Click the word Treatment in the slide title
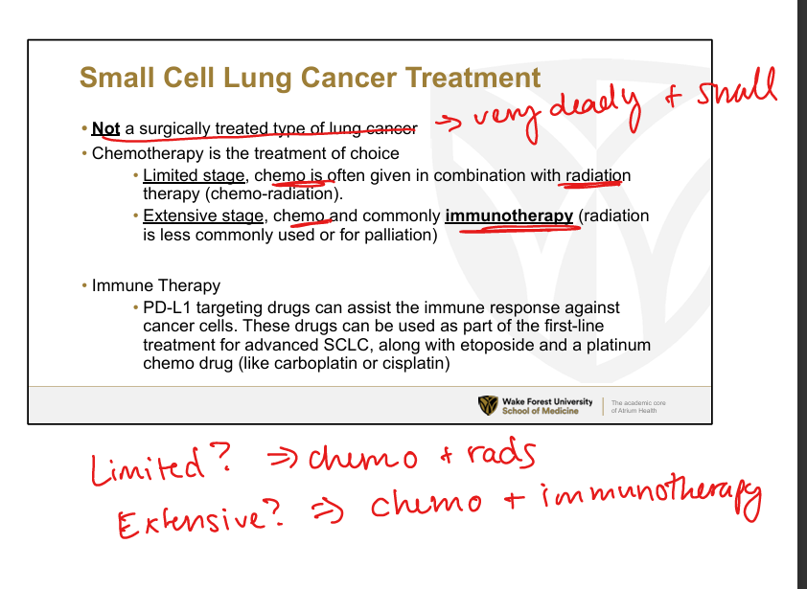[473, 78]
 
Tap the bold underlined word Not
[105, 128]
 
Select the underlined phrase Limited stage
[194, 175]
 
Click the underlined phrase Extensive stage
[203, 215]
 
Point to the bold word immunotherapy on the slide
[509, 216]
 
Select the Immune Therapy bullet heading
[156, 285]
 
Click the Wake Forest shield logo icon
[488, 405]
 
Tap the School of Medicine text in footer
[541, 411]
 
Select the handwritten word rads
[501, 455]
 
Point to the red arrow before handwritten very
[449, 124]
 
